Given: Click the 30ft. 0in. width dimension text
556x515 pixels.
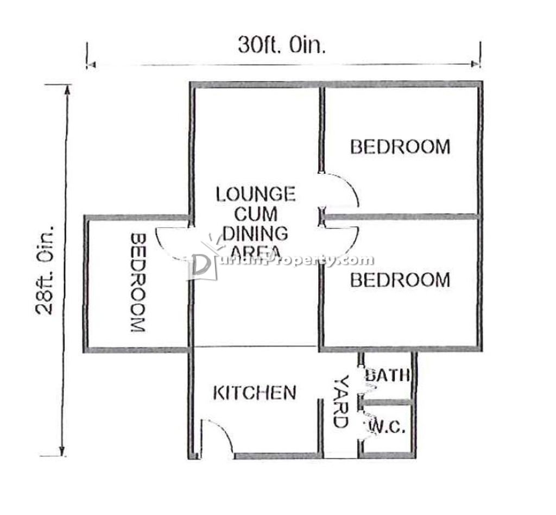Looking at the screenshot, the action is pyautogui.click(x=282, y=45).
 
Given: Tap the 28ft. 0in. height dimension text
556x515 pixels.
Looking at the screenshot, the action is pyautogui.click(x=45, y=269).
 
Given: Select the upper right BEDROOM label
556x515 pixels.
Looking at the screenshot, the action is pyautogui.click(x=400, y=147).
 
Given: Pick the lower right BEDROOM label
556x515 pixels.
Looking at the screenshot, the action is pyautogui.click(x=400, y=280).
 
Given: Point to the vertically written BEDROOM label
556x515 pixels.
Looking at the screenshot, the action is pyautogui.click(x=138, y=282).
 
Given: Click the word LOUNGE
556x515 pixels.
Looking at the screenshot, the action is pyautogui.click(x=256, y=194).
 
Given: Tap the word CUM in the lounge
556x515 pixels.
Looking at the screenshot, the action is pyautogui.click(x=256, y=214).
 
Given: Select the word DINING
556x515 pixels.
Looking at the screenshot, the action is pyautogui.click(x=256, y=234).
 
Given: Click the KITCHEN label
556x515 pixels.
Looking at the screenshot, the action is pyautogui.click(x=255, y=393).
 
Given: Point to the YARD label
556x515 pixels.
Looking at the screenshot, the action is pyautogui.click(x=341, y=401).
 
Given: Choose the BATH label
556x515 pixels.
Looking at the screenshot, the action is pyautogui.click(x=388, y=374).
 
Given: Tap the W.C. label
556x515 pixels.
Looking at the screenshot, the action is pyautogui.click(x=388, y=427).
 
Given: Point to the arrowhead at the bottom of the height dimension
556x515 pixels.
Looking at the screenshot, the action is pyautogui.click(x=62, y=451).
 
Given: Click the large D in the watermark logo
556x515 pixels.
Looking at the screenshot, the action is pyautogui.click(x=201, y=267).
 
